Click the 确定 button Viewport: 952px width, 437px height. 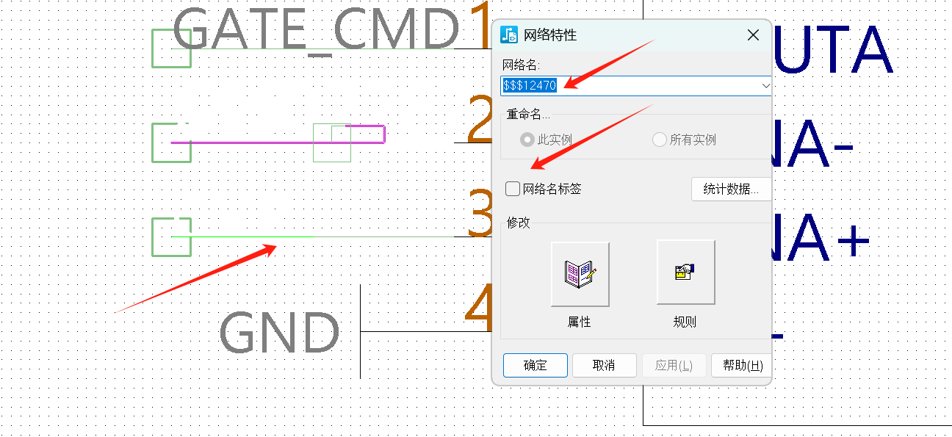coord(535,365)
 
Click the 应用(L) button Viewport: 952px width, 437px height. coord(674,365)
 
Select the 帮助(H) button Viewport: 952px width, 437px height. coord(742,365)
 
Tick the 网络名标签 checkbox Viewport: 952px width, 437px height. coord(513,189)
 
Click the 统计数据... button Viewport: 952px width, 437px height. coord(731,189)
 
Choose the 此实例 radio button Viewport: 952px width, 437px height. coord(527,140)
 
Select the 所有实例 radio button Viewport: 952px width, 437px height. coord(659,140)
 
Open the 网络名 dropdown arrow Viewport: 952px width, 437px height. coord(766,85)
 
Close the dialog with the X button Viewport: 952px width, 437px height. coord(753,35)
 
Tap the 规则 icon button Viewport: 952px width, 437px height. coord(685,272)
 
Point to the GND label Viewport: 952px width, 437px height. coord(280,333)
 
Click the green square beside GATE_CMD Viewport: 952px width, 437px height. coord(170,48)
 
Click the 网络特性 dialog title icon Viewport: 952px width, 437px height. coord(509,35)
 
